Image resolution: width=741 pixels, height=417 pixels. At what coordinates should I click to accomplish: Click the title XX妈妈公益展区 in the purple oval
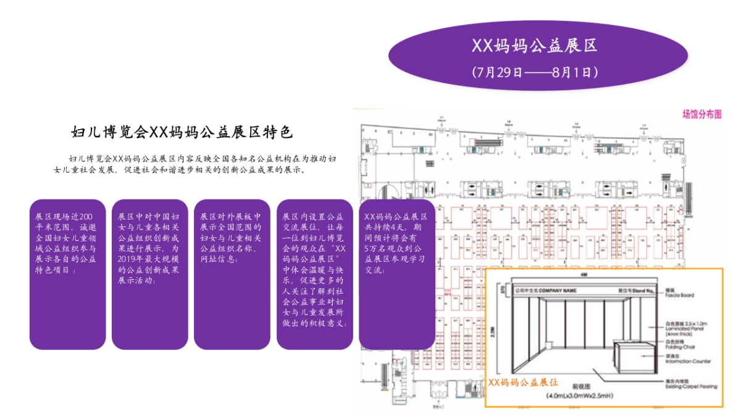[535, 46]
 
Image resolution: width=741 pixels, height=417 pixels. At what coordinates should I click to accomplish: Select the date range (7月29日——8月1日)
[535, 72]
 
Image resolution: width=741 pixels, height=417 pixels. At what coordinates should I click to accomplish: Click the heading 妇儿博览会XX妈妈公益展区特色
[182, 132]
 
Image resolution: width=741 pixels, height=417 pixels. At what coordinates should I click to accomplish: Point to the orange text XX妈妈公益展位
[523, 382]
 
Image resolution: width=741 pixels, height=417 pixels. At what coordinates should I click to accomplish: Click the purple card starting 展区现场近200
[68, 274]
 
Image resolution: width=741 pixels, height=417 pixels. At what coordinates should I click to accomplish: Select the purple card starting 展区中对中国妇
[150, 274]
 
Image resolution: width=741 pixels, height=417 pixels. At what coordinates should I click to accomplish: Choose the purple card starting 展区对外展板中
[232, 274]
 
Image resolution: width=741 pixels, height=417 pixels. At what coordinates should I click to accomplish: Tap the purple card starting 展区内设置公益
[314, 274]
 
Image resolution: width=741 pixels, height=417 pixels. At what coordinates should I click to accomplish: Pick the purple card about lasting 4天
[396, 274]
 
